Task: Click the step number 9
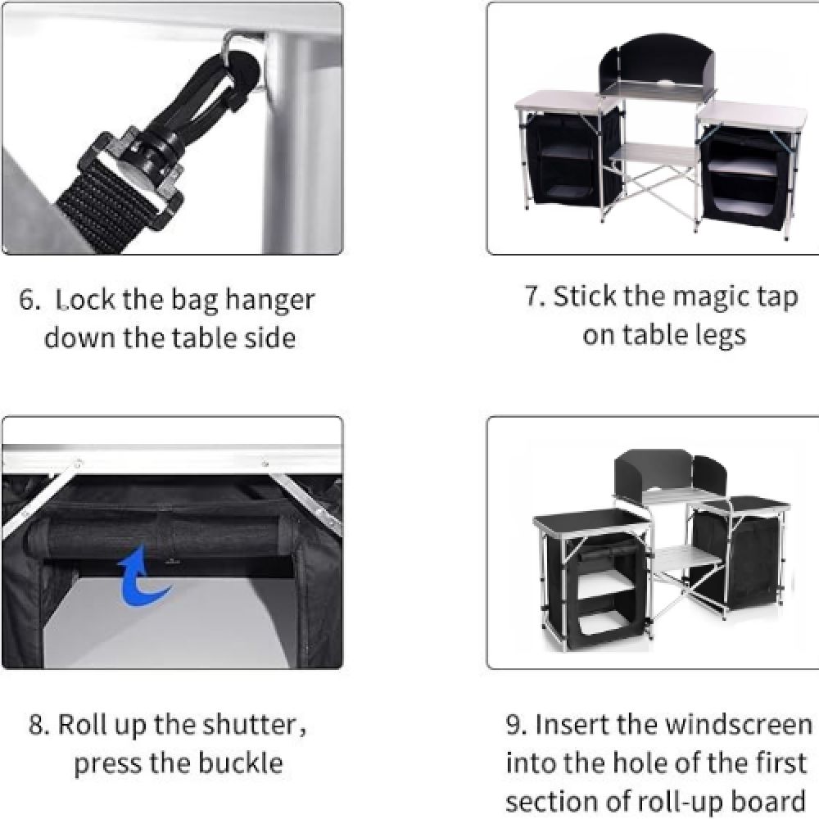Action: (517, 726)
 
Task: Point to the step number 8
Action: (38, 726)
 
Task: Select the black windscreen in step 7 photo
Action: (657, 63)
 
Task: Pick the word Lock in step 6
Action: (85, 300)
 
